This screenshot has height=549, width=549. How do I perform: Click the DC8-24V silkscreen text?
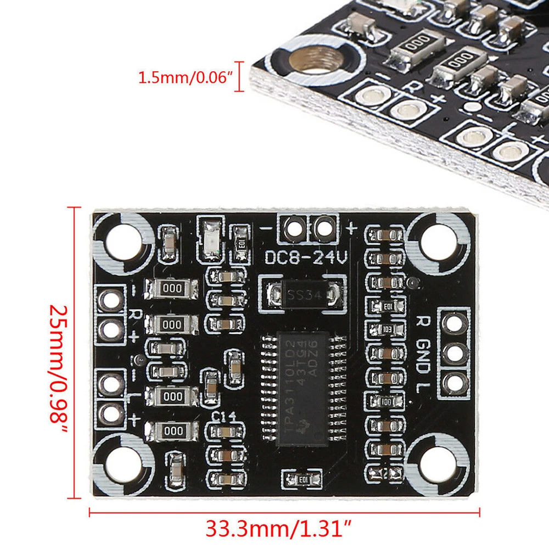point(306,257)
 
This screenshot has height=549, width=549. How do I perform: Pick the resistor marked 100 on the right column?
point(386,401)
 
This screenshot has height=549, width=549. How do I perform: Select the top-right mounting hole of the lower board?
point(439,239)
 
